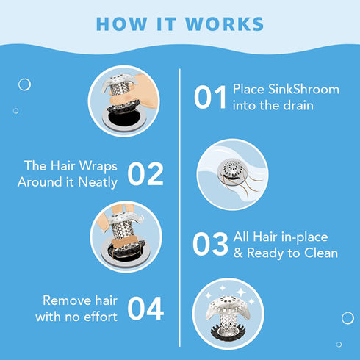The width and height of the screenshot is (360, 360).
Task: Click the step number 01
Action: point(211,98)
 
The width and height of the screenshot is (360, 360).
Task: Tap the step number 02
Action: point(145,173)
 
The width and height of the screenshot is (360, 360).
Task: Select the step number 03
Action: point(211,245)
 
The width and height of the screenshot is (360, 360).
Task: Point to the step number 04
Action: point(145,309)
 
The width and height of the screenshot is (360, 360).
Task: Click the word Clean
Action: point(321,253)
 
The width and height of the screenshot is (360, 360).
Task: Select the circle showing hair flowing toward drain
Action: point(231,174)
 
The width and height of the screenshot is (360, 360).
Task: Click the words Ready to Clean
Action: point(291,253)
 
